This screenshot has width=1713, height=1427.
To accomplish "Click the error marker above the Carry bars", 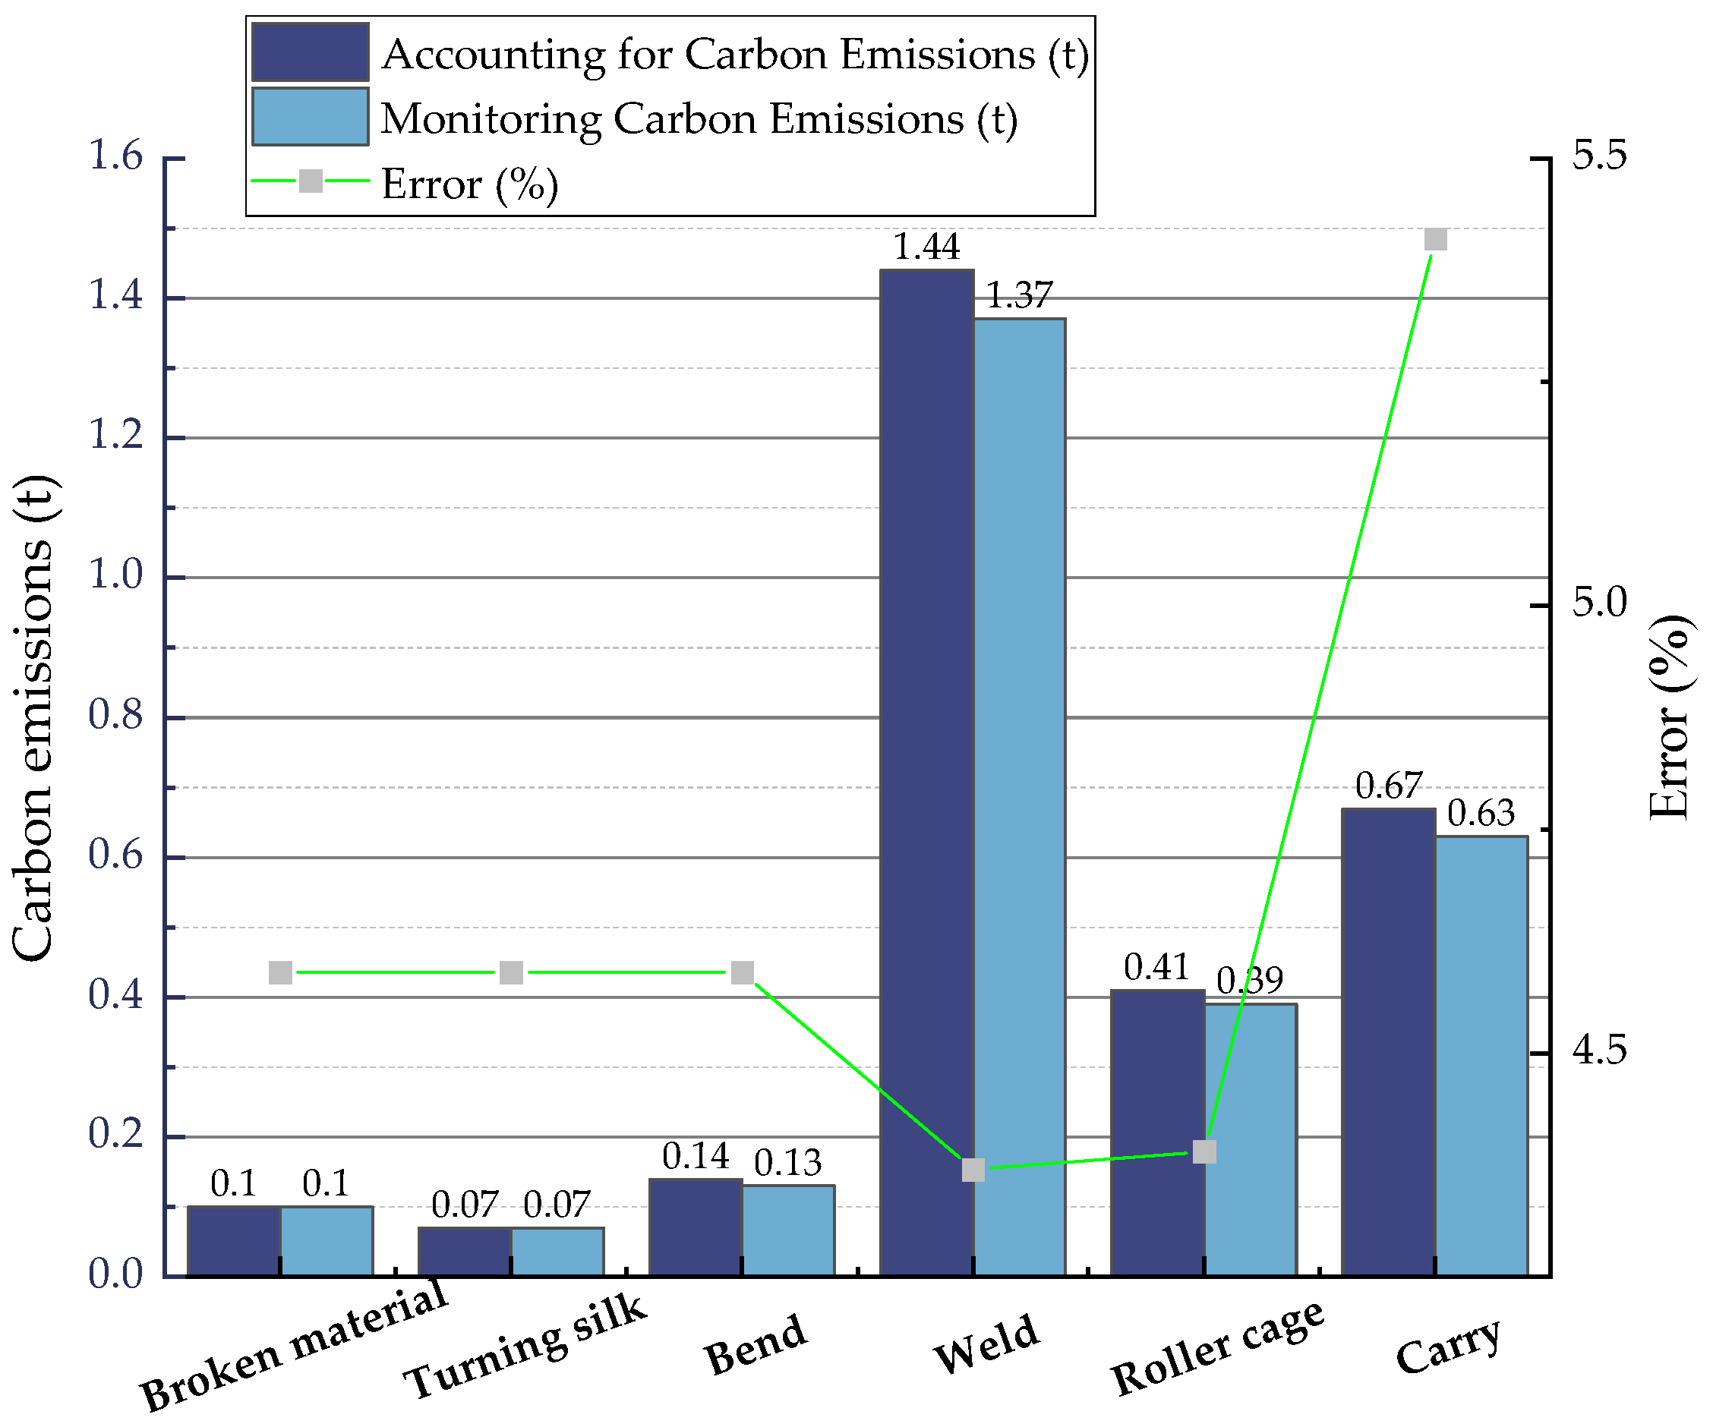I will [1436, 239].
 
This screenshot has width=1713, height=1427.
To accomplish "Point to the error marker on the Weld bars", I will [973, 1170].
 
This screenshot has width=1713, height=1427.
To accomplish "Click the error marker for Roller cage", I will [1205, 1151].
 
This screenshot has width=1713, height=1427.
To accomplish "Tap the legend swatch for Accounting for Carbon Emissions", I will [310, 52].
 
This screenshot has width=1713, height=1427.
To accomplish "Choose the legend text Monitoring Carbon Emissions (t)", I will [699, 119].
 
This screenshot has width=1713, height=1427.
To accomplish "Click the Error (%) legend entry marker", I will [311, 181].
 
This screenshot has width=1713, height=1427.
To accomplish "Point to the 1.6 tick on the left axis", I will [115, 156].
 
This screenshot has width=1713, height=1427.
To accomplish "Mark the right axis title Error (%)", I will [1669, 717].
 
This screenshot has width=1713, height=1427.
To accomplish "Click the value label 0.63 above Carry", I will [1481, 813].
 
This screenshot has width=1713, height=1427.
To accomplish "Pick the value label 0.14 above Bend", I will [695, 1156].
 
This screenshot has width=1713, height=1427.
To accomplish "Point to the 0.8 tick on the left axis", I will [115, 715].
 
